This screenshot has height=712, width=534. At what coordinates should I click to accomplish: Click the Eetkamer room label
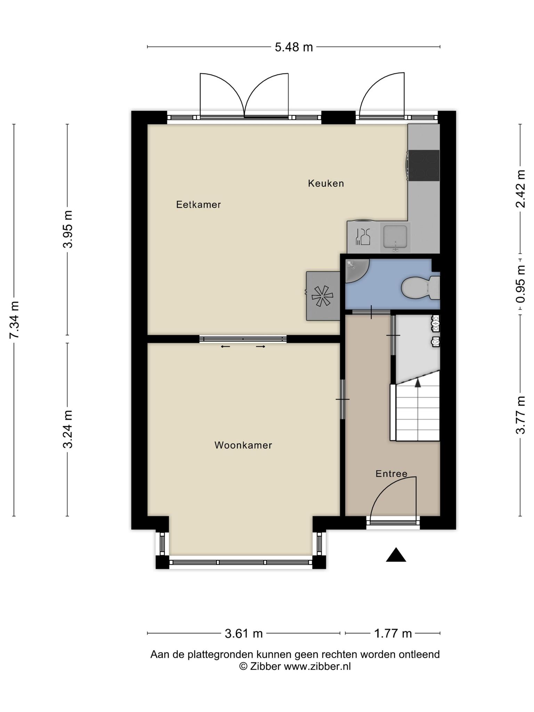coord(199,204)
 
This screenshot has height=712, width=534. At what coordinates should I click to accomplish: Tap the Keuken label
coord(326,183)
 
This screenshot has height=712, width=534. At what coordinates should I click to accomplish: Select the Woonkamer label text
coord(243,445)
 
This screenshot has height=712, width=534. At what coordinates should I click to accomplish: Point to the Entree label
coord(391,474)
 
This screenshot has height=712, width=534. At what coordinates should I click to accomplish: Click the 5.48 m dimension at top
coord(294,47)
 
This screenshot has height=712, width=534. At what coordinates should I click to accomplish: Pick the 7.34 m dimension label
coord(14,320)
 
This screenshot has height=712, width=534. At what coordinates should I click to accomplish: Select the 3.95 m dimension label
coord(68,229)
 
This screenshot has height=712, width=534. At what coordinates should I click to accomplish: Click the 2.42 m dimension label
coord(520,189)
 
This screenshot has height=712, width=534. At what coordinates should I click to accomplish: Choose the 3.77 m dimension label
coord(520,415)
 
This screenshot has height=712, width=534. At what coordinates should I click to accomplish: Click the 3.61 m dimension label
coord(244,633)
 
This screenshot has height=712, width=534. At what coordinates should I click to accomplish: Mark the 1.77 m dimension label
coord(393,633)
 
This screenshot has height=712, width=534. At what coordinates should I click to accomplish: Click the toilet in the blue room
coord(421,288)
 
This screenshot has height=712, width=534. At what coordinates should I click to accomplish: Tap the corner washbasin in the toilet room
coord(356,271)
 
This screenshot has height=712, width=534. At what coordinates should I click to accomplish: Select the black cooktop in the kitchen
coord(423,165)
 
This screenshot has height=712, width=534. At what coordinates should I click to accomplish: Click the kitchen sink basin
coord(395,238)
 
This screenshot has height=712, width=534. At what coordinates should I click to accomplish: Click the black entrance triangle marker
coord(396,555)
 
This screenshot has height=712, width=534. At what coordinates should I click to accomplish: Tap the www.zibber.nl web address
coord(317,666)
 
